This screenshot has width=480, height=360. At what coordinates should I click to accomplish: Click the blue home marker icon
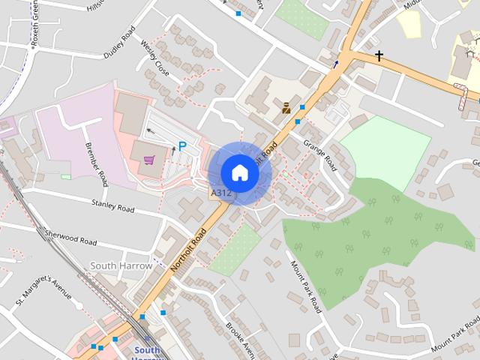click(240, 172)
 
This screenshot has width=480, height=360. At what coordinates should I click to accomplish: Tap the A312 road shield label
click(220, 193)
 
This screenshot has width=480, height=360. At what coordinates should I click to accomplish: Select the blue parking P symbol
click(181, 147)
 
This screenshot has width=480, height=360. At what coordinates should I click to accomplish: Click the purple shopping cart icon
click(149, 160)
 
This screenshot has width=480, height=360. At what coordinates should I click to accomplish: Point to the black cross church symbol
click(379, 56)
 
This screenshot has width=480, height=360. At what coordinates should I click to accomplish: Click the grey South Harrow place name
click(121, 265)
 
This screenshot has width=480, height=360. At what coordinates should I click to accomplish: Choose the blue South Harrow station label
click(147, 351)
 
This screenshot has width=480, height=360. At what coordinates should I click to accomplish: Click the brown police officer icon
click(286, 107)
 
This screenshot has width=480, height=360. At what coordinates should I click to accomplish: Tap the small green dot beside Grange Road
click(286, 175)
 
